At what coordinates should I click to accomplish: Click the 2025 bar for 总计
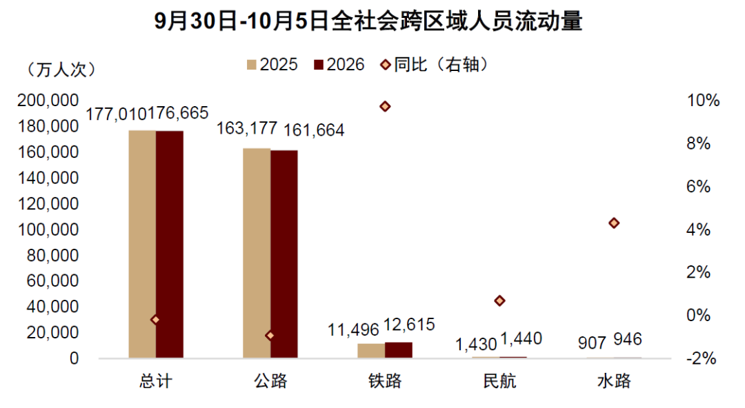click(x=142, y=244)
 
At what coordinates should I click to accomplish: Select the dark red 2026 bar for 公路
click(x=284, y=254)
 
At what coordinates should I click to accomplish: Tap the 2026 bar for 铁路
click(x=399, y=350)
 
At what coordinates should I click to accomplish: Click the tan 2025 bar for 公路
click(x=257, y=253)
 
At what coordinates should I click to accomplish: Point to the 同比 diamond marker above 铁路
click(x=385, y=106)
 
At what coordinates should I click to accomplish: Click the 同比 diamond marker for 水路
click(x=614, y=223)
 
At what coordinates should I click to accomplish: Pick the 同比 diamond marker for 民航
click(x=499, y=300)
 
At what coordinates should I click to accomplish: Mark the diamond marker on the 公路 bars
click(x=270, y=336)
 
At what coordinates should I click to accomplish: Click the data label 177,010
click(x=116, y=114)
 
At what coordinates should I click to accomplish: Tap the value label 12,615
click(x=408, y=325)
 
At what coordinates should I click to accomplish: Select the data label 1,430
click(x=475, y=344)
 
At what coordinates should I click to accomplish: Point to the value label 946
click(x=627, y=339)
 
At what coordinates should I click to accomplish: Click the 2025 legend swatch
click(x=252, y=65)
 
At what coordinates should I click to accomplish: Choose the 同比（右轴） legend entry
click(x=435, y=64)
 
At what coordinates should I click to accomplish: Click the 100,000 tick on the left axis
click(x=48, y=229)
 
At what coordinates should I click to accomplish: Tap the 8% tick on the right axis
click(x=698, y=143)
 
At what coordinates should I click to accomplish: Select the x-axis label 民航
click(x=499, y=381)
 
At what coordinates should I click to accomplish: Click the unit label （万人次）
click(x=61, y=70)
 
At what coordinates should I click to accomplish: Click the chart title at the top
click(x=368, y=21)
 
